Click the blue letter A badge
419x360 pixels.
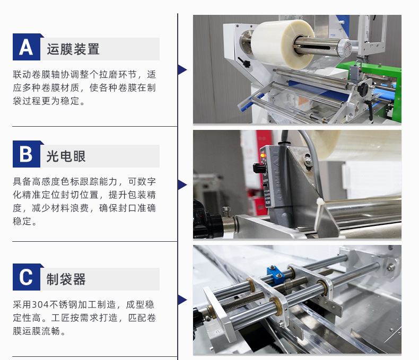pyautogui.click(x=27, y=47)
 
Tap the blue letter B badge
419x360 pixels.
pyautogui.click(x=27, y=154)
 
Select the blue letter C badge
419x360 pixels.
pyautogui.click(x=27, y=277)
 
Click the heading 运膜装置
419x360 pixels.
pyautogui.click(x=73, y=49)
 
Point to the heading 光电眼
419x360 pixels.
pyautogui.click(x=66, y=156)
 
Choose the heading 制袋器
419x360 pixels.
pyautogui.click(x=66, y=279)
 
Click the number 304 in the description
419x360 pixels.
pyautogui.click(x=40, y=304)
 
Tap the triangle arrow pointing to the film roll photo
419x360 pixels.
pyautogui.click(x=182, y=69)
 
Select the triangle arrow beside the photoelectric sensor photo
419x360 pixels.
pyautogui.click(x=182, y=185)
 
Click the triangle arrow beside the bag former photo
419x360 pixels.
pyautogui.click(x=182, y=300)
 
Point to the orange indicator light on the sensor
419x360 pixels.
pyautogui.click(x=263, y=155)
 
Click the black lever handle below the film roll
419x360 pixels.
pyautogui.click(x=244, y=63)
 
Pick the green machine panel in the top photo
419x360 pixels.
pyautogui.click(x=374, y=88)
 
